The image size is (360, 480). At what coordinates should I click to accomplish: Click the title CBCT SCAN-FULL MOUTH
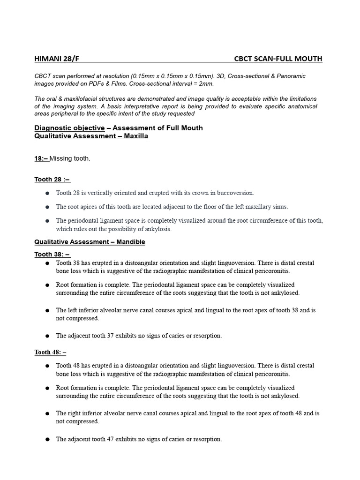[x=278, y=59]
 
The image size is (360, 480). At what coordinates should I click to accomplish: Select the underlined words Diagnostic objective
[x=69, y=128]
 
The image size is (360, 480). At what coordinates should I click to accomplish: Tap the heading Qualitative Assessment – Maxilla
[x=91, y=136]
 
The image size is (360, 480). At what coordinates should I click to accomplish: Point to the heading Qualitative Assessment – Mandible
[x=90, y=242]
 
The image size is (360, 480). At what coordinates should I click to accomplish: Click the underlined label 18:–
[x=41, y=158]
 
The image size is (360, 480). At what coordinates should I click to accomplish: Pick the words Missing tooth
[x=70, y=158]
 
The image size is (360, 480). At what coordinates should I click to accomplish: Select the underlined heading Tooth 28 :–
[x=52, y=179]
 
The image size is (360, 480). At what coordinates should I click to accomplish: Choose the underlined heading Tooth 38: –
[x=52, y=254]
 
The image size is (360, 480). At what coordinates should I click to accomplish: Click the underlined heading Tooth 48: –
[x=50, y=352]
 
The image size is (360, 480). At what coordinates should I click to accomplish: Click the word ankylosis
[x=158, y=229]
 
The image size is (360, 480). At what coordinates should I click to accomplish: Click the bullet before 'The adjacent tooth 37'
[x=47, y=336]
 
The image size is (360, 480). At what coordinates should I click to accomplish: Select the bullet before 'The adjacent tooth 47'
[x=47, y=440]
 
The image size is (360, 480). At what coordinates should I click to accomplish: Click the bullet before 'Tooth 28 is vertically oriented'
[x=47, y=193]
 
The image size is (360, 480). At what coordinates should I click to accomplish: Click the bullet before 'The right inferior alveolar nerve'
[x=47, y=414]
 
